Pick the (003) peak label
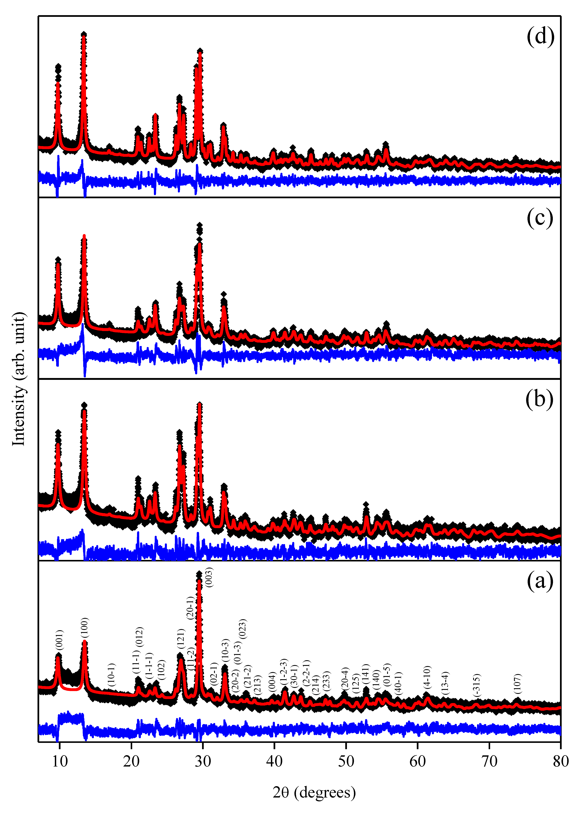tap(208, 577)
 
